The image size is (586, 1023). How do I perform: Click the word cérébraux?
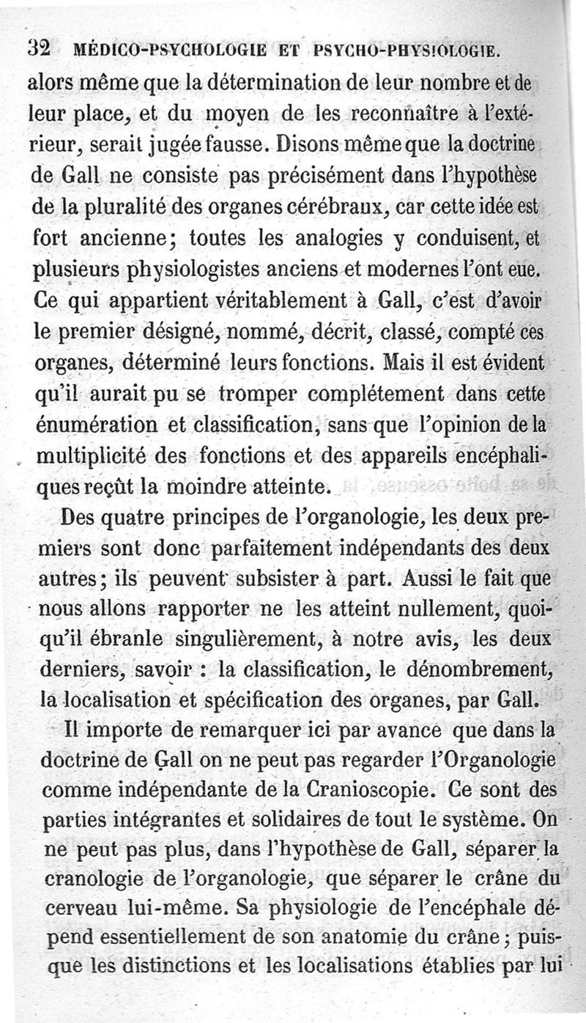[336, 206]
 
